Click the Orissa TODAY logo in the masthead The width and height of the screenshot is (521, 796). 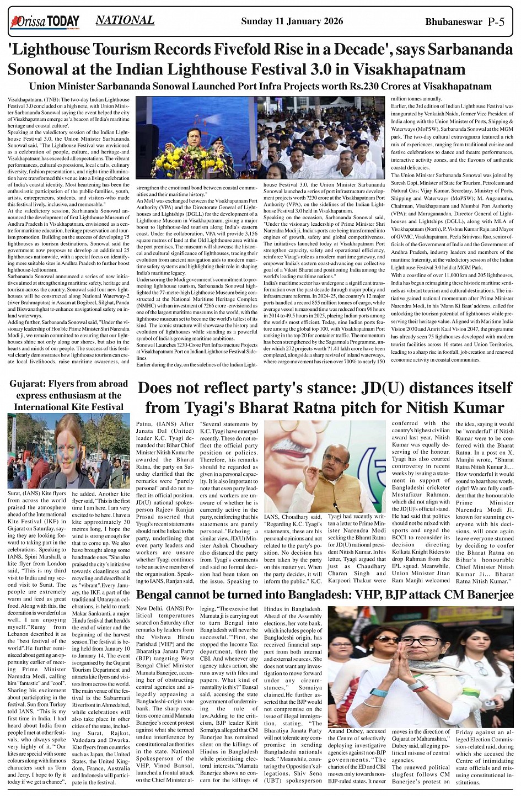[45, 22]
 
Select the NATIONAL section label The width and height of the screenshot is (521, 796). [125, 20]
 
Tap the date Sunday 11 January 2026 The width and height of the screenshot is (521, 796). [292, 22]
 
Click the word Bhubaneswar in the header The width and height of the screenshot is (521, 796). [454, 22]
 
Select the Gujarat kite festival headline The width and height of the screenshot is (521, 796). [68, 395]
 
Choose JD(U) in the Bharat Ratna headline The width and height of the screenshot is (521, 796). [383, 388]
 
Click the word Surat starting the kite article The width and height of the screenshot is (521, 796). [14, 493]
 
